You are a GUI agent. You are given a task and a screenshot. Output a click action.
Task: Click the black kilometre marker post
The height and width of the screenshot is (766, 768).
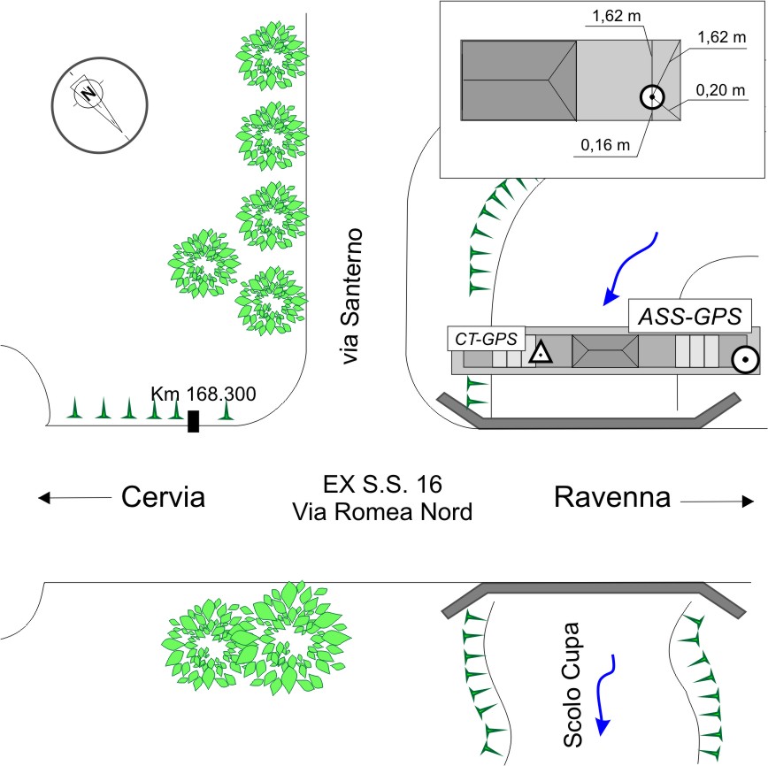(194, 421)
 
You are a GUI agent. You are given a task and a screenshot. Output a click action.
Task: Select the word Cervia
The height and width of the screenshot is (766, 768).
(163, 497)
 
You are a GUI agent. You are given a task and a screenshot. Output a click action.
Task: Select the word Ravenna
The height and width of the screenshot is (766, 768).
(611, 497)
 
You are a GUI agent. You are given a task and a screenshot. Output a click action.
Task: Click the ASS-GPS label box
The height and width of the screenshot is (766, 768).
(690, 316)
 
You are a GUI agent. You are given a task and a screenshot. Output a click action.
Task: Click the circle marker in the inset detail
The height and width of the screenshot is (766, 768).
(651, 96)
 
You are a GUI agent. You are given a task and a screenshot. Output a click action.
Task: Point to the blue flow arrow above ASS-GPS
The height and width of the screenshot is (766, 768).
(632, 267)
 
